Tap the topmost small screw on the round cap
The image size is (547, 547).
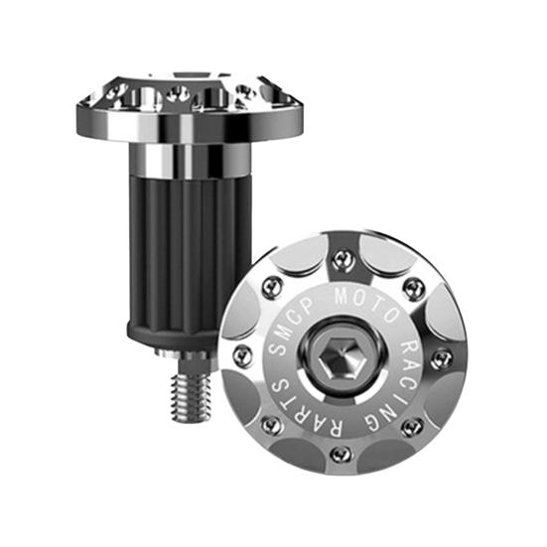(x=342, y=259)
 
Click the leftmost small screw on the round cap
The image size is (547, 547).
(x=241, y=354)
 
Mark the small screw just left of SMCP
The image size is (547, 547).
(x=272, y=288)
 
